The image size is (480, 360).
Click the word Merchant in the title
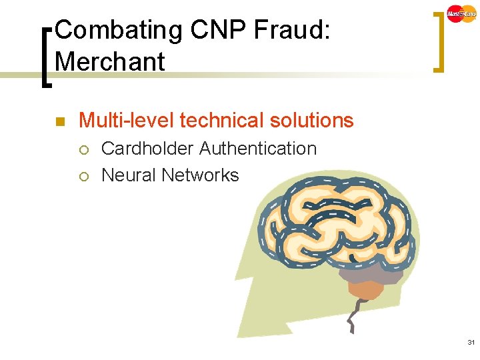[x=110, y=62]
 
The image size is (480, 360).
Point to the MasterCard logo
[x=461, y=13]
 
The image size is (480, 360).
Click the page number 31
[x=471, y=342]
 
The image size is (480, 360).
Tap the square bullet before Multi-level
[x=59, y=121]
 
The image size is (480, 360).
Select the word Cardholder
[x=147, y=148]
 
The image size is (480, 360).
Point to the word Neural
[x=129, y=175]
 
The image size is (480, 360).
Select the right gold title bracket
[x=437, y=41]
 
